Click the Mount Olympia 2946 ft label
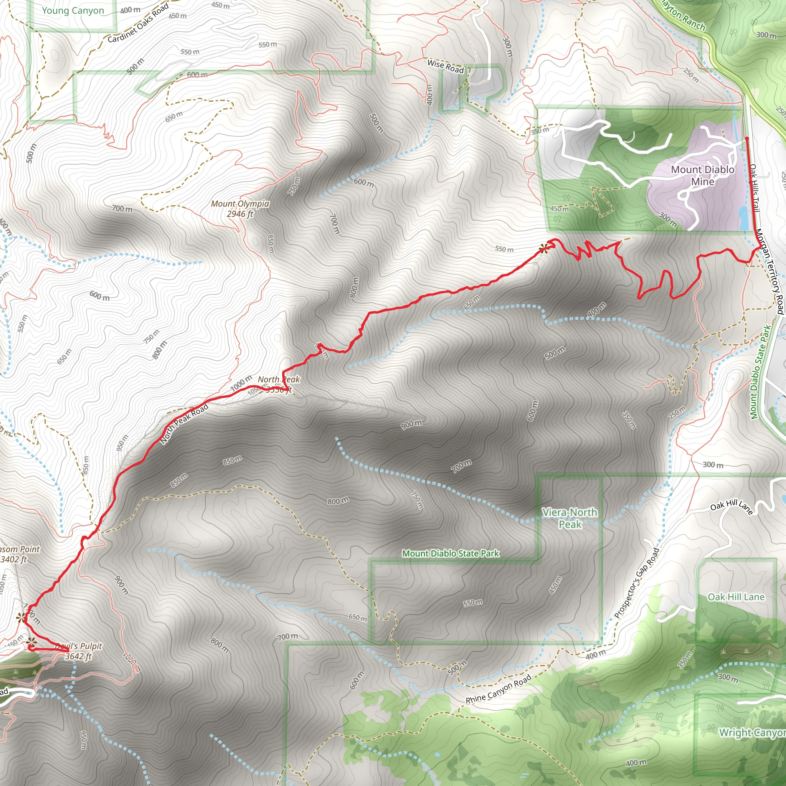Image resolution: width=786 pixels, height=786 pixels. [x=240, y=209]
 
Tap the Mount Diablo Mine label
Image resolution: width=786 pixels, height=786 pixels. [x=703, y=175]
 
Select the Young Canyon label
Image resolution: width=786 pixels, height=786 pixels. [x=73, y=11]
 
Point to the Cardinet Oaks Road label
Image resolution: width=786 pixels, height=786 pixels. [x=138, y=23]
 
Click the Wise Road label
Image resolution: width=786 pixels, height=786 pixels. [x=446, y=66]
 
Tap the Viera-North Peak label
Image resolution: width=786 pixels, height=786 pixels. [x=570, y=518]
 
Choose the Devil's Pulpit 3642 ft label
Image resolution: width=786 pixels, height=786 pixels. [x=79, y=651]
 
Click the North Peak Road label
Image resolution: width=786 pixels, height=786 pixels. [x=184, y=424]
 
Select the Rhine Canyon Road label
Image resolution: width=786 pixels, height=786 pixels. [x=499, y=689]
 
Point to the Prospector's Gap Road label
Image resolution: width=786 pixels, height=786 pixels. [x=637, y=583]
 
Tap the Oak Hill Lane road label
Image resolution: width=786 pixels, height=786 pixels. [x=732, y=507]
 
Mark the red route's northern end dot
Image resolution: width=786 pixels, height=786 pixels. [x=747, y=139]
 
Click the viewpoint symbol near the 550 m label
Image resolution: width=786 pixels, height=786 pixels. [x=543, y=249]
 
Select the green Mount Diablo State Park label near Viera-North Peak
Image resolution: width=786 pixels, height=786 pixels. [x=450, y=553]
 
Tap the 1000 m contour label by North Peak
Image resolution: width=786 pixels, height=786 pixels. [x=241, y=384]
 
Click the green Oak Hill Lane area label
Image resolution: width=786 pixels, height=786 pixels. [x=736, y=597]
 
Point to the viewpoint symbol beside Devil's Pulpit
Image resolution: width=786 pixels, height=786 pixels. [x=31, y=643]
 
